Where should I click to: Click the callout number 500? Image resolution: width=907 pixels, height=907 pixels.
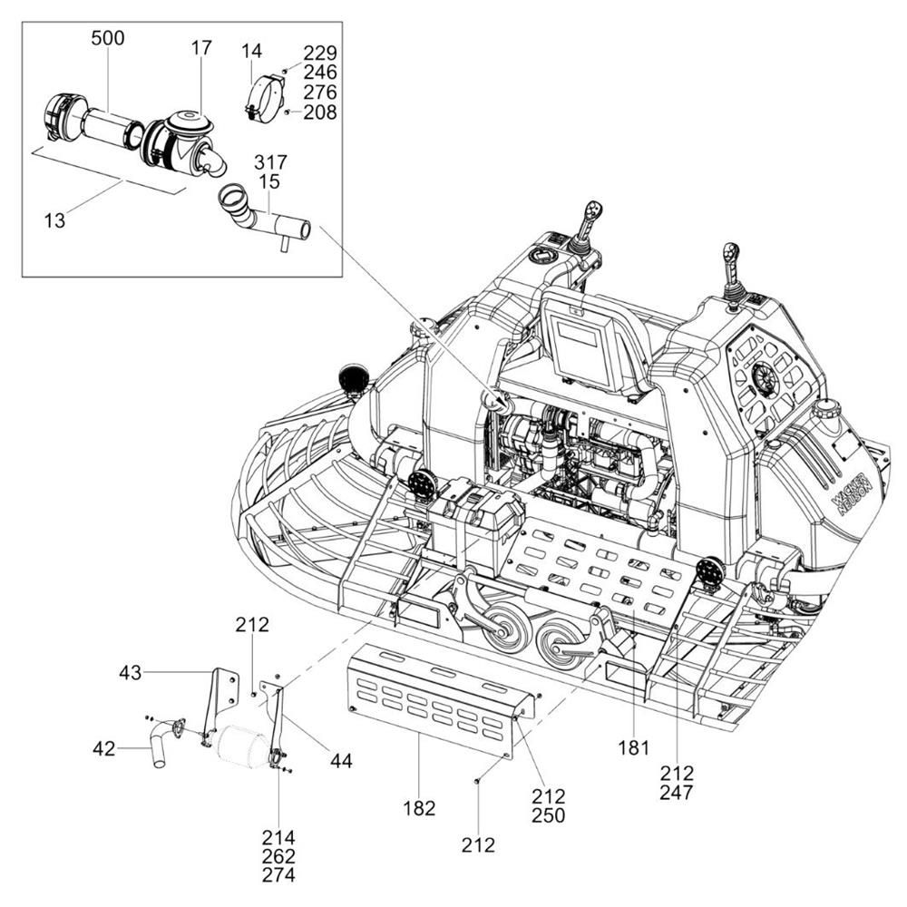(108, 38)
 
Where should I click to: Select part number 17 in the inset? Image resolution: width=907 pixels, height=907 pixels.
(202, 47)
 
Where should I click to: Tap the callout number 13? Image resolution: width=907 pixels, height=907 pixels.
(55, 220)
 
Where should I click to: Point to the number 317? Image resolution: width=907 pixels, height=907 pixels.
(270, 162)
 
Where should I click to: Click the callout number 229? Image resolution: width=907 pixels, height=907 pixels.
(320, 54)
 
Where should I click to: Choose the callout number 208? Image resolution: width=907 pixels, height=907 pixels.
(320, 112)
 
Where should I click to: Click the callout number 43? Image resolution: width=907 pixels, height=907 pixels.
(130, 672)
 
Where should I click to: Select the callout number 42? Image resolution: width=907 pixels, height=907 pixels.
(104, 749)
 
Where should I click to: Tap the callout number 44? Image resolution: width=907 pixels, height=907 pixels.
(341, 761)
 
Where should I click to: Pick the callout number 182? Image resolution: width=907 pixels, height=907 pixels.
(419, 807)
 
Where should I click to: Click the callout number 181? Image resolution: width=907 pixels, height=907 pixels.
(634, 748)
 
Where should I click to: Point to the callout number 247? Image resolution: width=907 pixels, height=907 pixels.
(677, 793)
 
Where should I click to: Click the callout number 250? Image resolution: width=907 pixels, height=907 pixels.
(549, 815)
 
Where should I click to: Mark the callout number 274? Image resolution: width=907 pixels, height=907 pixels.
(278, 875)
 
